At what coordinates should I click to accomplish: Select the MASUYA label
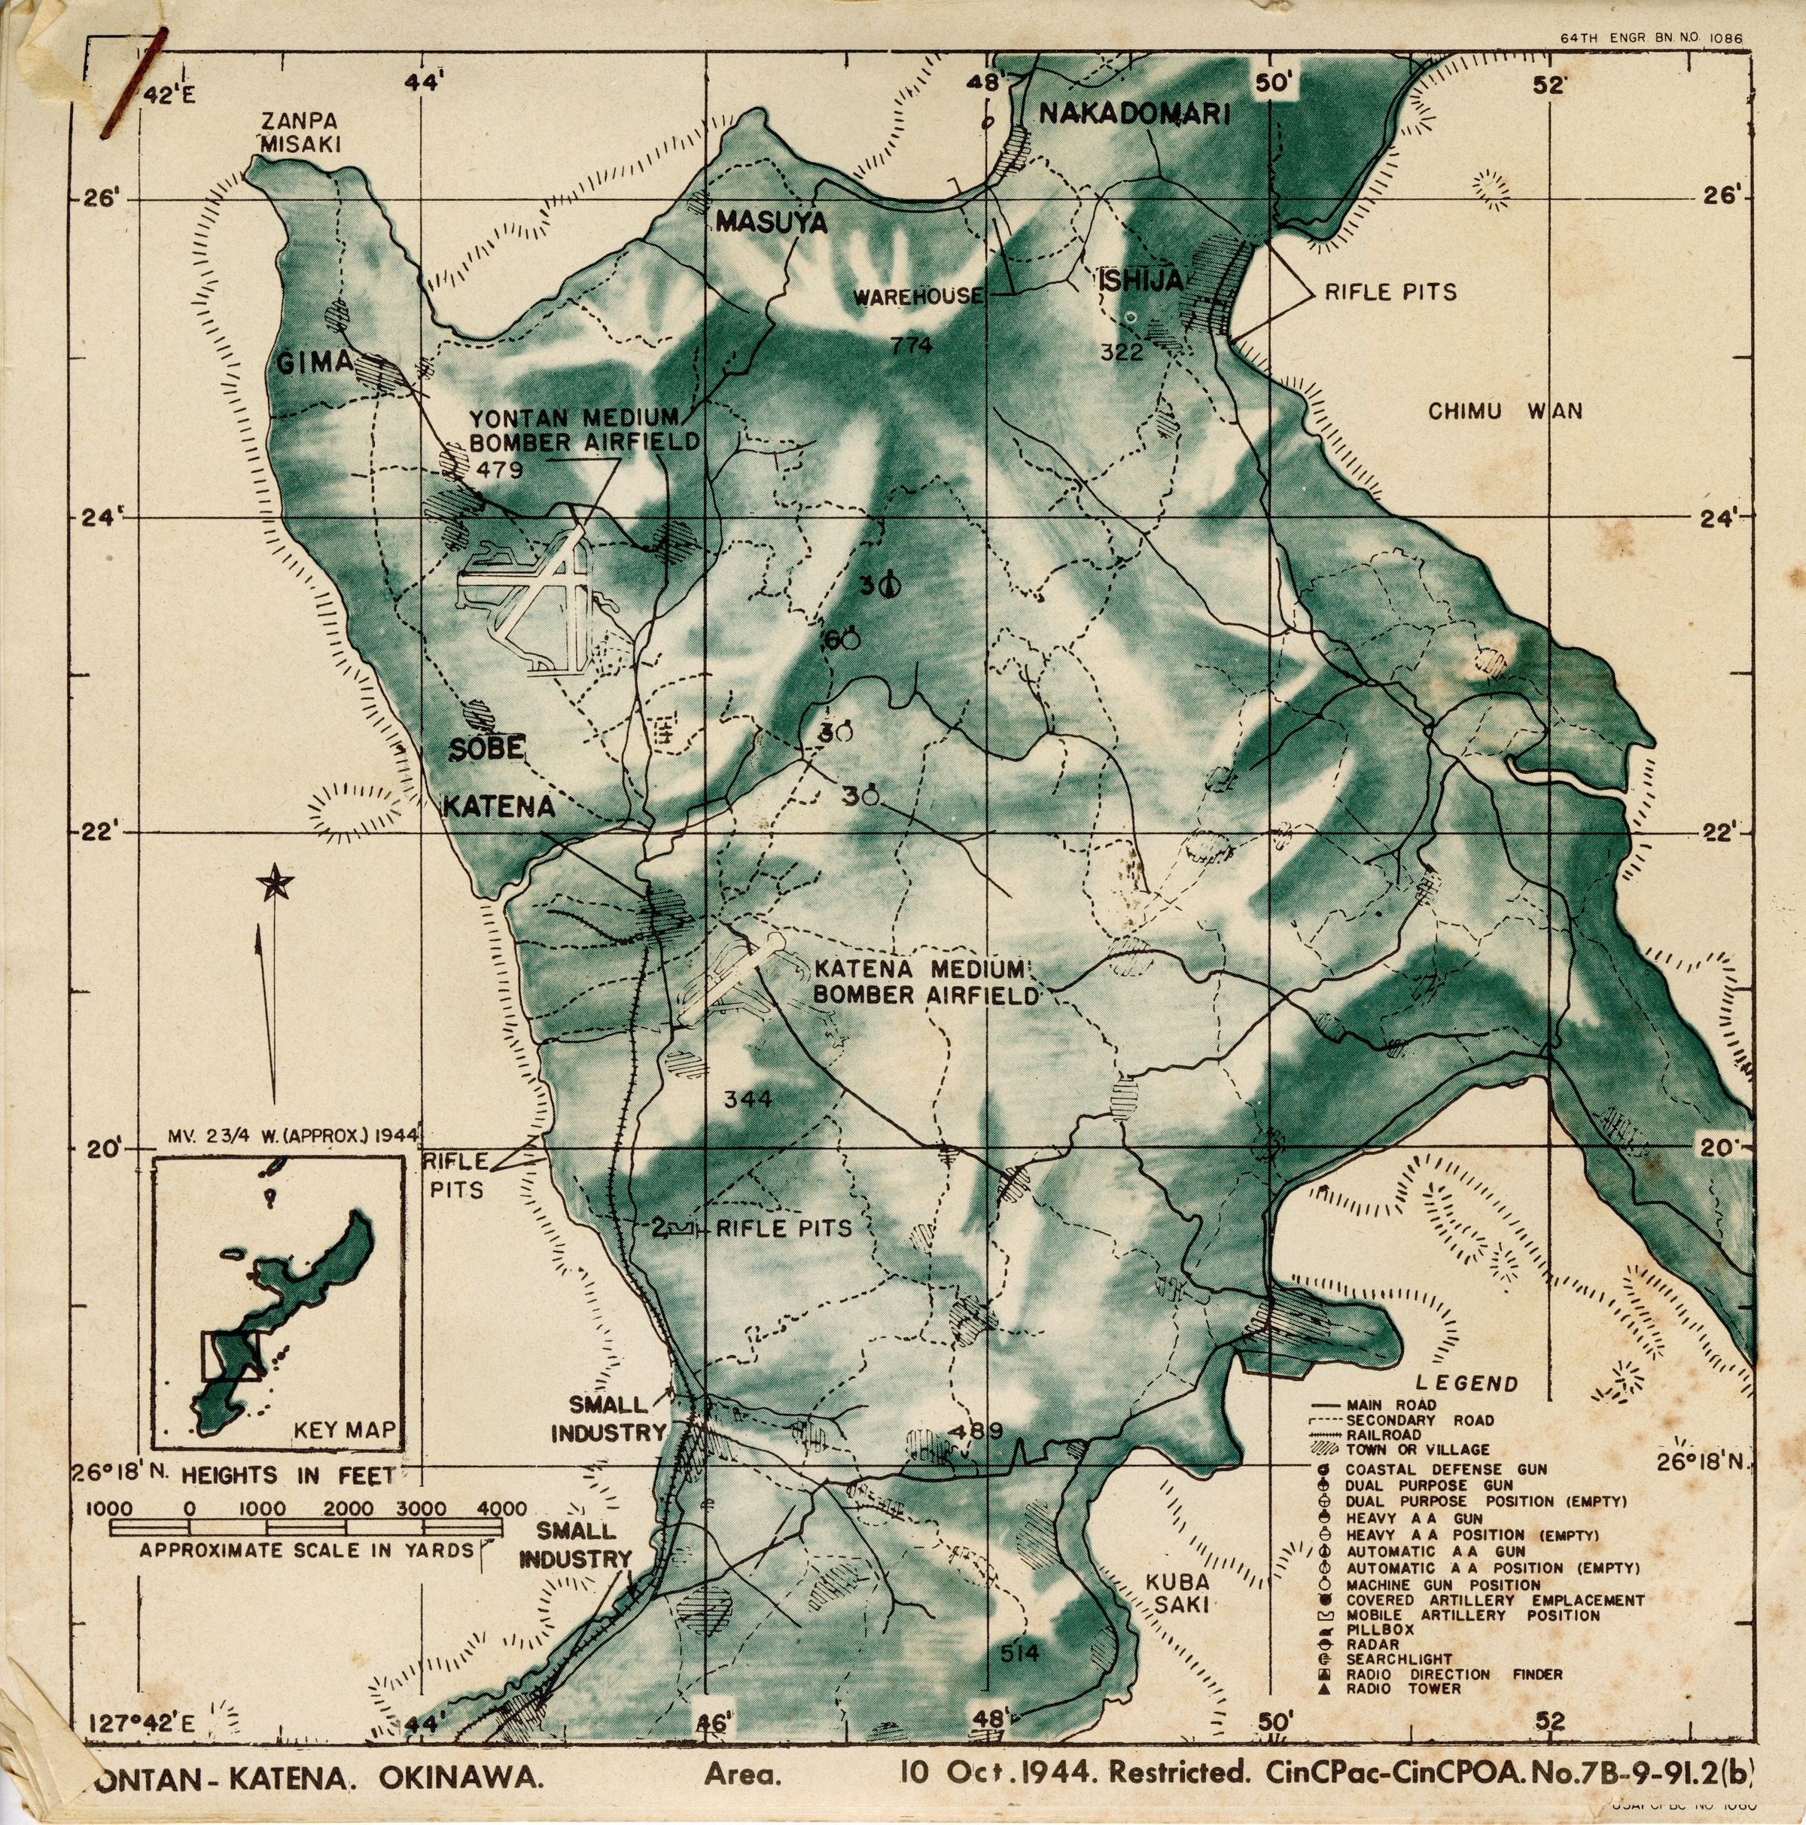pyautogui.click(x=771, y=223)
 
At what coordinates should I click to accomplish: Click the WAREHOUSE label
pyautogui.click(x=918, y=297)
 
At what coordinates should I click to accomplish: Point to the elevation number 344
pyautogui.click(x=748, y=1099)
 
